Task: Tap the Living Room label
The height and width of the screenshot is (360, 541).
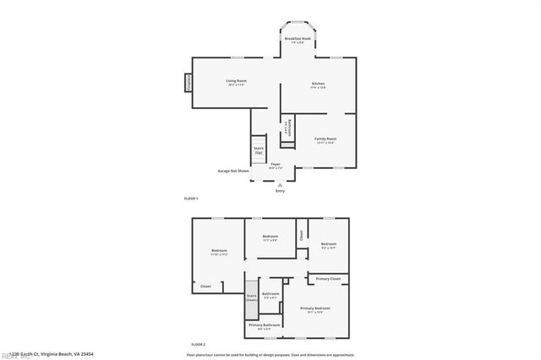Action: tap(236, 82)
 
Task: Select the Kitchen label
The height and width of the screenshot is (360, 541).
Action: tap(318, 85)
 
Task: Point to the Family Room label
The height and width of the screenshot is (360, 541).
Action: tap(325, 140)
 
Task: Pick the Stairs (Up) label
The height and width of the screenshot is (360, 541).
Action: tap(258, 150)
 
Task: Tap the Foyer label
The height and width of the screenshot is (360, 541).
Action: tap(276, 166)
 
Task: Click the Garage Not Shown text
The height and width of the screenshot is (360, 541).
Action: tap(233, 170)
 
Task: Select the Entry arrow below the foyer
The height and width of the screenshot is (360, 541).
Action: tap(280, 185)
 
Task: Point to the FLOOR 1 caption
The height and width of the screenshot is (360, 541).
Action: tap(191, 198)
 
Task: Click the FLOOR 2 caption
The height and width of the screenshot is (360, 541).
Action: tap(198, 345)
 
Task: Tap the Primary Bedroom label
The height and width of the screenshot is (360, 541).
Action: tap(315, 310)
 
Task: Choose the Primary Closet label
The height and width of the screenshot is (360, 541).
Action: tap(329, 279)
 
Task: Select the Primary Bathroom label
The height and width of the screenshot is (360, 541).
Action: tap(264, 326)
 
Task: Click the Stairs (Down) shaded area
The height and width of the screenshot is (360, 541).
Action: tap(252, 299)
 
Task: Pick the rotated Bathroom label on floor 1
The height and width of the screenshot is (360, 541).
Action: tap(287, 128)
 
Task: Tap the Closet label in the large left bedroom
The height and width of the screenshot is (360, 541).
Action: tap(205, 286)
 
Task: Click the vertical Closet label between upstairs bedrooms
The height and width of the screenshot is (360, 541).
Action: tap(301, 235)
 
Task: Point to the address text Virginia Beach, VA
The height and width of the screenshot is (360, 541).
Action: tap(52, 354)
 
